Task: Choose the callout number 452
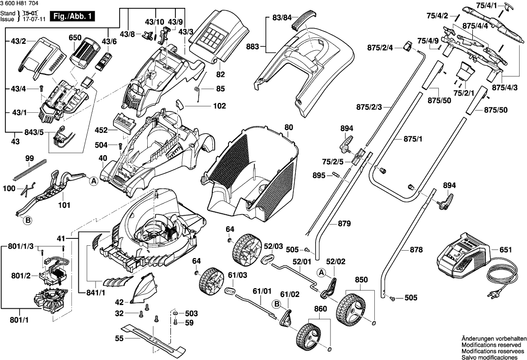click(101, 131)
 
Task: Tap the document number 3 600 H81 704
click(21, 3)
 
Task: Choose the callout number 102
click(219, 106)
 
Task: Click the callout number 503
click(191, 313)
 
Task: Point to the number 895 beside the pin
click(319, 175)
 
